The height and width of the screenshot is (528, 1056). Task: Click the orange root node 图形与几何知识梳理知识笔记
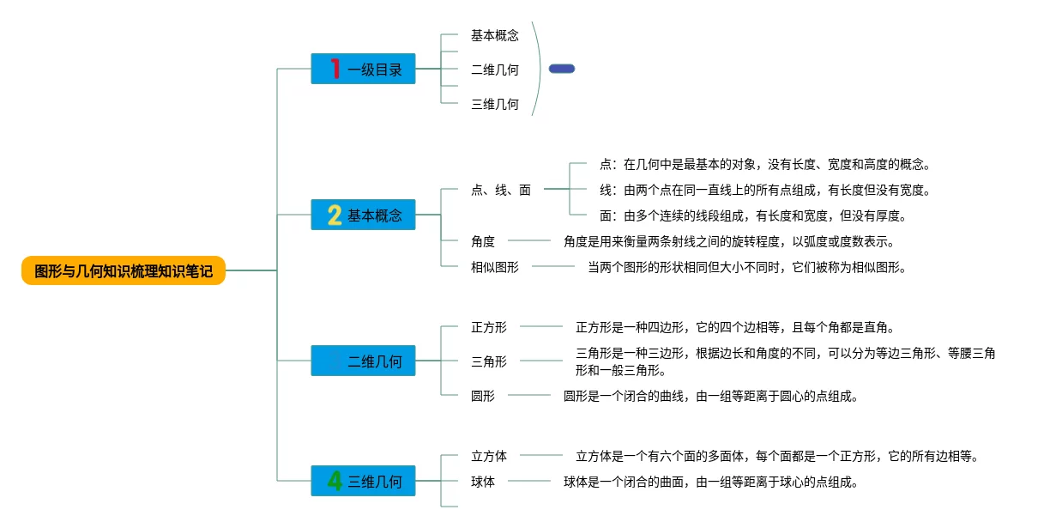(x=124, y=270)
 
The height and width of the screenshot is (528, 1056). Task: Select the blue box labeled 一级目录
(x=363, y=69)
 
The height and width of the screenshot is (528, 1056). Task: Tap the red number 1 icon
(x=335, y=69)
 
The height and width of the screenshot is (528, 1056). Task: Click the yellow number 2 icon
(x=335, y=215)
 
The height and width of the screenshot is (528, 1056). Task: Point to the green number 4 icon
(x=335, y=481)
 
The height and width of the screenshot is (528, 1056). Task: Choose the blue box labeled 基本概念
(x=363, y=215)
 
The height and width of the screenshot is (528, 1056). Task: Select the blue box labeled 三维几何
(x=363, y=481)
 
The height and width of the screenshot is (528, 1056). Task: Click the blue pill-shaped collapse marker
(x=562, y=69)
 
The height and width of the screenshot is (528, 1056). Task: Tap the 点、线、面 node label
(x=501, y=190)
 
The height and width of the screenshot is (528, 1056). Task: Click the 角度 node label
(x=483, y=241)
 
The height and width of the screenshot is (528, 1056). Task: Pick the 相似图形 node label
(x=495, y=268)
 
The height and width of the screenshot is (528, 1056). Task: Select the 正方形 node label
(x=489, y=327)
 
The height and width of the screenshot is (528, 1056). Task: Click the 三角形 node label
(x=489, y=362)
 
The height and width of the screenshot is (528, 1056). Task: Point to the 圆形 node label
(x=483, y=396)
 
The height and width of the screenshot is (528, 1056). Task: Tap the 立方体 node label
(x=489, y=456)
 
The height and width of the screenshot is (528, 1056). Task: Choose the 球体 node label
(x=483, y=482)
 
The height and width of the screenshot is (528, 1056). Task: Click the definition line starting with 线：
(x=765, y=190)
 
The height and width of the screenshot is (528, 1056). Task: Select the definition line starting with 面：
(x=753, y=216)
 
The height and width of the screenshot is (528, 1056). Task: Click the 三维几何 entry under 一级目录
(x=495, y=104)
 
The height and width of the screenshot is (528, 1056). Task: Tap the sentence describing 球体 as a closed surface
(x=711, y=482)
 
